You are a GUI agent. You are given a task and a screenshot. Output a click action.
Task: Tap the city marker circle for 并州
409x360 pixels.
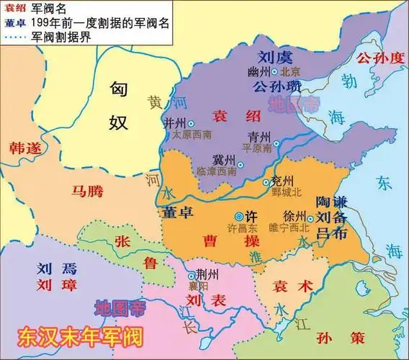pyautogui.click(x=191, y=124)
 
